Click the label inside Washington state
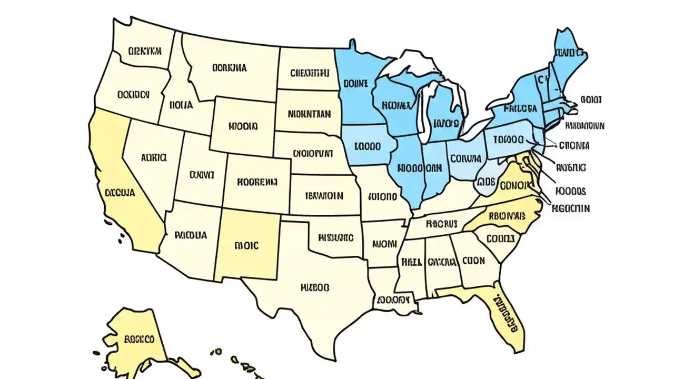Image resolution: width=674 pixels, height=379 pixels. pos(144,52)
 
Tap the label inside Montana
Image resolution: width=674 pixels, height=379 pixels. pos(229,68)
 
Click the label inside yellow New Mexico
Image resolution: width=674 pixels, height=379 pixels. pos(246,246)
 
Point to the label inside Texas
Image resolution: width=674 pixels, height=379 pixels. pos(314,288)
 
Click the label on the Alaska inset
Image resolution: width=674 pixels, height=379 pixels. pos(139,340)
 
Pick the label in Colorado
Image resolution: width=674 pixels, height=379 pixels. pos(257,183)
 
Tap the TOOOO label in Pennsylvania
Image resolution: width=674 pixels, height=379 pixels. pos(508,140)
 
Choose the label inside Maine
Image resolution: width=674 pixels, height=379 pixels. pos(570,53)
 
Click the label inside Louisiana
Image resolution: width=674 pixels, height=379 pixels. pos(393,300)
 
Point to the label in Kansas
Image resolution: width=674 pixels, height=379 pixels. pos(324,196)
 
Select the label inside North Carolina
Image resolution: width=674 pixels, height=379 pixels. pos(507,216)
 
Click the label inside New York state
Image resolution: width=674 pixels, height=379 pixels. pos(520,108)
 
